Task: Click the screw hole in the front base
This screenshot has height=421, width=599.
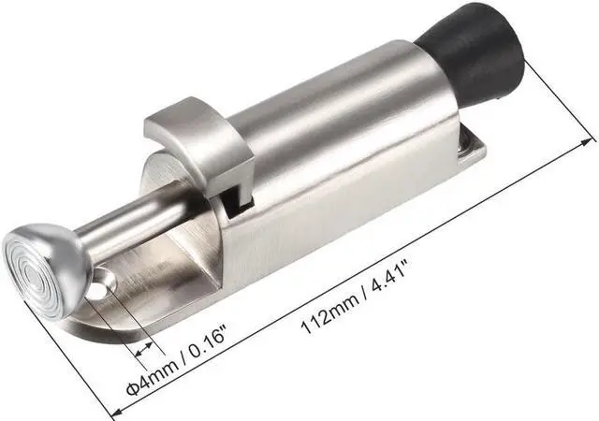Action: point(101,292)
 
